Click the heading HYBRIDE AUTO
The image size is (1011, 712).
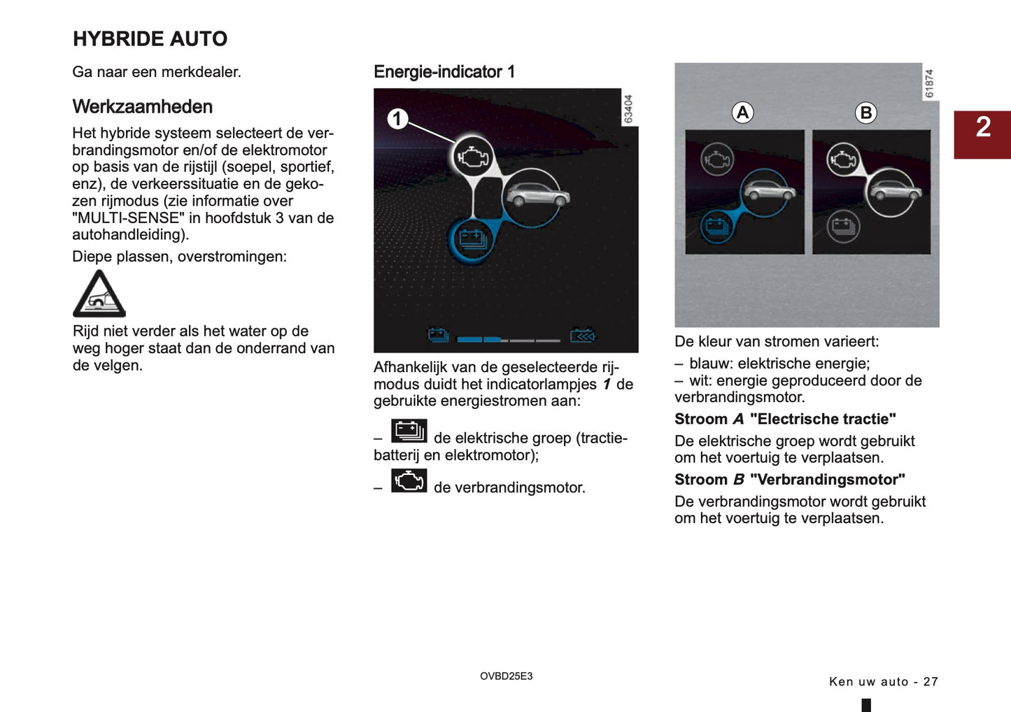pos(150,39)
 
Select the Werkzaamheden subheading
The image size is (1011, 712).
pos(142,107)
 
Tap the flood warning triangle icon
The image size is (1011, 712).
pos(99,294)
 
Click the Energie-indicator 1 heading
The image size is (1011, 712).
pos(444,72)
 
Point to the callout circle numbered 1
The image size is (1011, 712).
pos(397,119)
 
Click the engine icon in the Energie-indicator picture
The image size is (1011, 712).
pos(473,157)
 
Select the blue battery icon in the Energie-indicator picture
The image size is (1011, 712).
pos(472,240)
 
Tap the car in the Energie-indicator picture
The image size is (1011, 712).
pos(537,196)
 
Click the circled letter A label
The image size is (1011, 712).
pos(742,113)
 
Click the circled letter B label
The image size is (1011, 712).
pos(865,113)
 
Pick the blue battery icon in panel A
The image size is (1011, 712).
pos(716,226)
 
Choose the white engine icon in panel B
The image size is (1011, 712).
pos(843,160)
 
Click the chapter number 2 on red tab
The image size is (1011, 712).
pos(983,128)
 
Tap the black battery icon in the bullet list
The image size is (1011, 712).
pos(409,431)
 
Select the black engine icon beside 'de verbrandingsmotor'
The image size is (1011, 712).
pos(409,481)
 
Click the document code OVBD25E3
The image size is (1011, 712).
pos(506,676)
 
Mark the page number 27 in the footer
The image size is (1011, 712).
pos(930,682)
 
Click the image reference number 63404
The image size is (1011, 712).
pos(628,109)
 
